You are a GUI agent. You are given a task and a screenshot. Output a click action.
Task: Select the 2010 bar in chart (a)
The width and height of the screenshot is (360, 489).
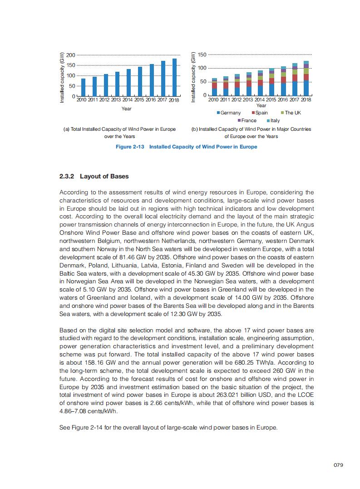click(83, 87)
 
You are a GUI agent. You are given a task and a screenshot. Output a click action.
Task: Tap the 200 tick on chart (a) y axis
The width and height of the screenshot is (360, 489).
click(70, 55)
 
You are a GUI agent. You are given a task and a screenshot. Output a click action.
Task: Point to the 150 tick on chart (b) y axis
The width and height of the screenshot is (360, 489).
click(202, 55)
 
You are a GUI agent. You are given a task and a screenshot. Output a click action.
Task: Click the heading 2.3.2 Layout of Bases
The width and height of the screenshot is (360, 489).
click(94, 176)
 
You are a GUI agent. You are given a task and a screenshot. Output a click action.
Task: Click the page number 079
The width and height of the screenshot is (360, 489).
click(338, 465)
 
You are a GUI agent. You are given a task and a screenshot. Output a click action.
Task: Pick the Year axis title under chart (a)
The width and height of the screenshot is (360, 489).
click(127, 109)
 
